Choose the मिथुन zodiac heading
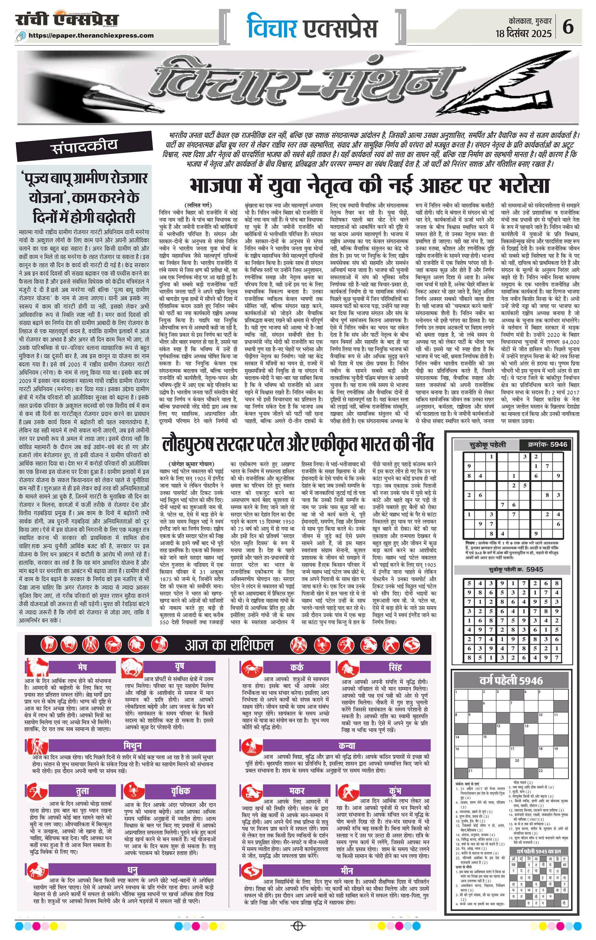(x=133, y=745)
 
